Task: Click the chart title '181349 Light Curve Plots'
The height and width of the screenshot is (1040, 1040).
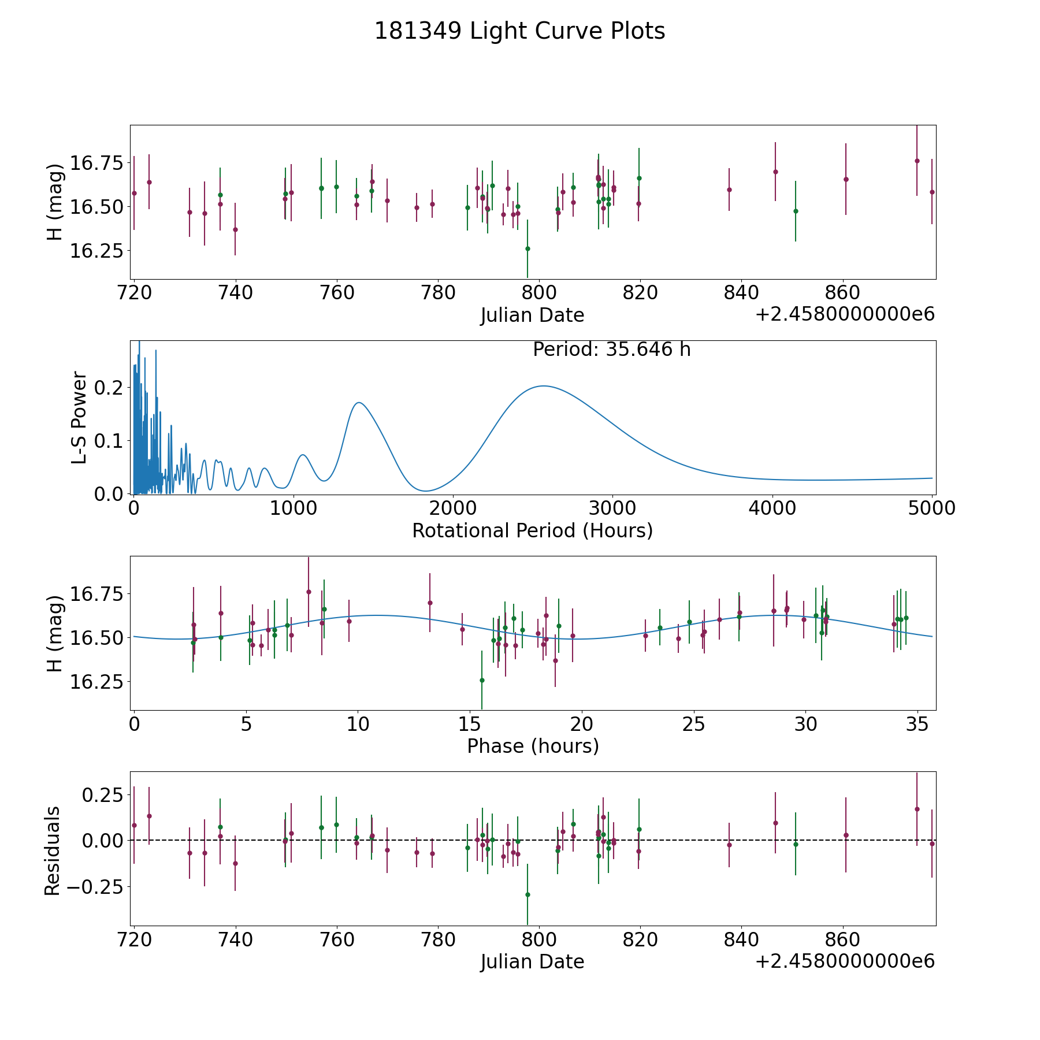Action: click(519, 31)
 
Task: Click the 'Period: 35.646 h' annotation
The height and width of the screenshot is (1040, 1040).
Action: click(611, 350)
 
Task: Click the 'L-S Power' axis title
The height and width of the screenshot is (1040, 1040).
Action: click(80, 417)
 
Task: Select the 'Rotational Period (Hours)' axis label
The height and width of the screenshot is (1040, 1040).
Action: click(532, 530)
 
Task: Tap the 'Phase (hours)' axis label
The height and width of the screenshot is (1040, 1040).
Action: click(533, 746)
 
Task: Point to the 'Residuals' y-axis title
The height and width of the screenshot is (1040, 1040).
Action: click(53, 850)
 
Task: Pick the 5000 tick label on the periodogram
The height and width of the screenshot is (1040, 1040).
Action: click(931, 508)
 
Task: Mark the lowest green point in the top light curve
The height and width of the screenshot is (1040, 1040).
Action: click(528, 248)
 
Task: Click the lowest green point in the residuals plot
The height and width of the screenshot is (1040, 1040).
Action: click(528, 894)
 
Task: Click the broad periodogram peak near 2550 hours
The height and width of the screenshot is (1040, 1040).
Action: click(543, 386)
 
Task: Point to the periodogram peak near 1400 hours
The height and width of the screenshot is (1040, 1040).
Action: click(359, 403)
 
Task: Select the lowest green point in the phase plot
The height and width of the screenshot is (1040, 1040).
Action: click(482, 680)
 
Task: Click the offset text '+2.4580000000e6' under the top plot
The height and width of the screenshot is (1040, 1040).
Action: click(845, 314)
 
